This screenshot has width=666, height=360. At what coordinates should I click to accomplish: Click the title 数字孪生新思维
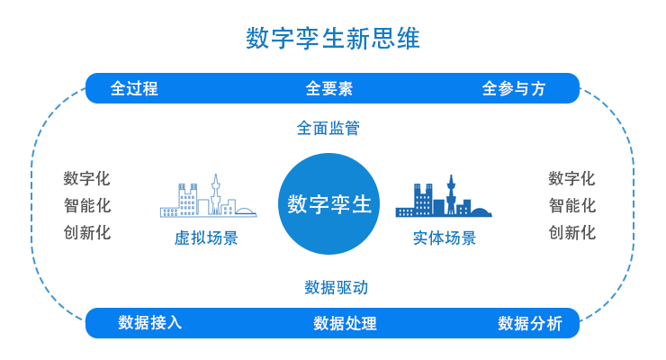(333, 38)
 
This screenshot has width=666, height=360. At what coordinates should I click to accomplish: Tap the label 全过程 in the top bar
(134, 88)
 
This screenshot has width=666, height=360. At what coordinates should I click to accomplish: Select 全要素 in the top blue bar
(329, 88)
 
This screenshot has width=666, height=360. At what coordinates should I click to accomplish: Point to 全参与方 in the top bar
(514, 88)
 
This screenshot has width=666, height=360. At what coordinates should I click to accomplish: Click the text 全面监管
(328, 128)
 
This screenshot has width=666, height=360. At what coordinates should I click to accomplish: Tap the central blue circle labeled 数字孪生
(328, 203)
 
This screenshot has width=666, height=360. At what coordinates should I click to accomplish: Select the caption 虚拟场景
(206, 238)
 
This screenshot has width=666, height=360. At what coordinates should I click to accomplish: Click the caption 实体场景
(445, 238)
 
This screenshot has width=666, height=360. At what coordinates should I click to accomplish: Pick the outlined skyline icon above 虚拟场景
(208, 195)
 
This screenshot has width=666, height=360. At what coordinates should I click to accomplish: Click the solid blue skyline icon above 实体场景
(444, 195)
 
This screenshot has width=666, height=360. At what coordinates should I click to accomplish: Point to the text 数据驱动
(337, 287)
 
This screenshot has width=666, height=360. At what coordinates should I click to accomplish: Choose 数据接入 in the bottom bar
(150, 322)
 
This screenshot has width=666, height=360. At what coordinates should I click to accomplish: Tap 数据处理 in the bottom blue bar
(345, 323)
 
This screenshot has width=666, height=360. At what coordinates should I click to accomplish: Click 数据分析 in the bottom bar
(530, 323)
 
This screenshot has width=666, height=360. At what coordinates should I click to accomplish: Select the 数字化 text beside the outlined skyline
(87, 178)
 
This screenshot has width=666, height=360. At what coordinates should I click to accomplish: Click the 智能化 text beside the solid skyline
(572, 205)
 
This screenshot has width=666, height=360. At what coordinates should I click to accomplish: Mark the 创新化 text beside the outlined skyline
(87, 232)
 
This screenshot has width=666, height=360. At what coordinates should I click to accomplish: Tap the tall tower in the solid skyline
(451, 195)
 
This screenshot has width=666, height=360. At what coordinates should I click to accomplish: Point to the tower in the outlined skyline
(216, 194)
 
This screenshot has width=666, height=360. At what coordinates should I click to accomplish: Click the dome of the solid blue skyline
(481, 212)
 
